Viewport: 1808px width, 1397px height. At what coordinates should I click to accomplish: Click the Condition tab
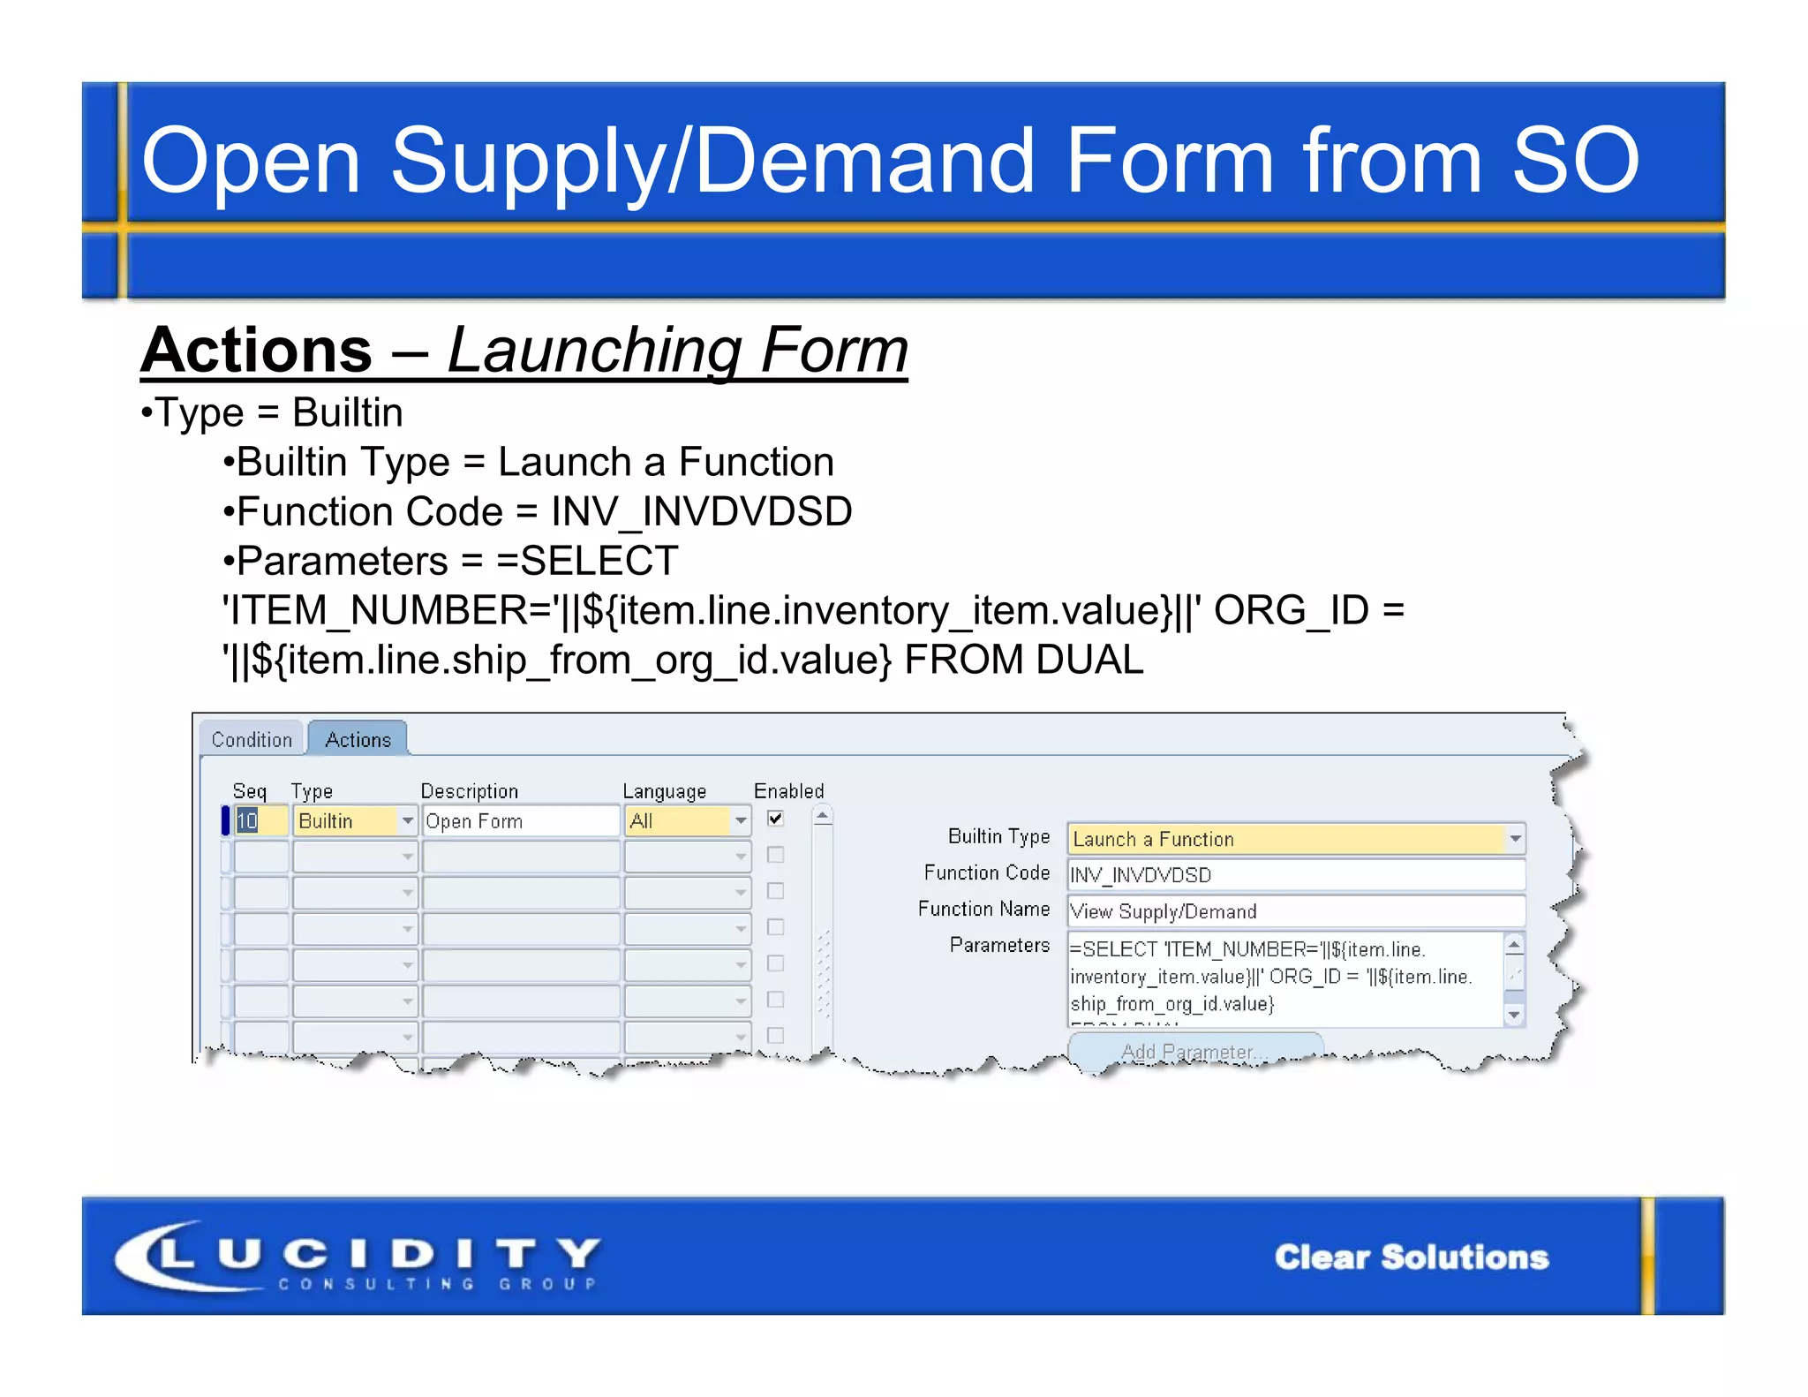252,739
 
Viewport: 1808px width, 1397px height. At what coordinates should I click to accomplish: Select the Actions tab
358,739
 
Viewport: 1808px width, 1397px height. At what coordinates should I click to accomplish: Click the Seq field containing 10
260,820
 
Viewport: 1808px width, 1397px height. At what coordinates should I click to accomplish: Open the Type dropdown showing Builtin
407,820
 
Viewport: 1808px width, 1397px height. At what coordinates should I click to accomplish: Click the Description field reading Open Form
520,820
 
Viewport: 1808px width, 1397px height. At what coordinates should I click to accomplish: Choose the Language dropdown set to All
740,820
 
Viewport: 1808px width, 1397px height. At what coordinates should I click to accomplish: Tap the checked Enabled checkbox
775,819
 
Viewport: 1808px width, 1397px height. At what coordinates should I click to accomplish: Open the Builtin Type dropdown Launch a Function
1515,838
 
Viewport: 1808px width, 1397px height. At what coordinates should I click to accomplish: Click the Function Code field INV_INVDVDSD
1295,874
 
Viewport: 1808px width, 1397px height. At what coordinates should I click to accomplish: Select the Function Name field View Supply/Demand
1295,910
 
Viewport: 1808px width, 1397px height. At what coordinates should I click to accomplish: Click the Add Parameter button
1194,1051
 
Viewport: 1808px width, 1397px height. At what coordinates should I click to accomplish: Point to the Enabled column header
788,790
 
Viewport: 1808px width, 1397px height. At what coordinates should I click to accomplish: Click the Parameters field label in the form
999,945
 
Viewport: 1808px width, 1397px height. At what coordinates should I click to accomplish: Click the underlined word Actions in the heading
257,350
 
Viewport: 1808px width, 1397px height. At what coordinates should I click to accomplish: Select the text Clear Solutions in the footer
1411,1257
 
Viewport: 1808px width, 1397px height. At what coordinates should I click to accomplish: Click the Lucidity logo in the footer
358,1256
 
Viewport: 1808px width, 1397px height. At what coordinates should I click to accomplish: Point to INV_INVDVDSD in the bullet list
702,511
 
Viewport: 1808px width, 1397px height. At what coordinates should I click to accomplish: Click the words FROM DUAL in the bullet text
1024,660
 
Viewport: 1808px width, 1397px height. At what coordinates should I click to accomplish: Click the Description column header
469,790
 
